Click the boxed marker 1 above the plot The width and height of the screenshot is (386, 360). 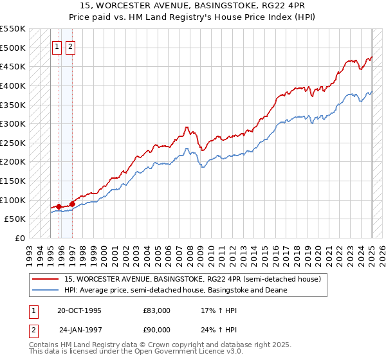click(57, 46)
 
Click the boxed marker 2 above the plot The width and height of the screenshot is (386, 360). click(69, 46)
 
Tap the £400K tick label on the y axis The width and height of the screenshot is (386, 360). click(13, 85)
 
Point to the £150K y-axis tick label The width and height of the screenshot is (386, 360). click(13, 181)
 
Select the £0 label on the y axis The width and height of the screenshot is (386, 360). click(19, 238)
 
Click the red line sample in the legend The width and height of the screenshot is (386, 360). click(46, 280)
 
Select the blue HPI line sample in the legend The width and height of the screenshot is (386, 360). click(46, 290)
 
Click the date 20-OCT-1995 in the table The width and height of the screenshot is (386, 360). click(80, 310)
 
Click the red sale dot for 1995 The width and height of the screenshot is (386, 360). click(59, 206)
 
